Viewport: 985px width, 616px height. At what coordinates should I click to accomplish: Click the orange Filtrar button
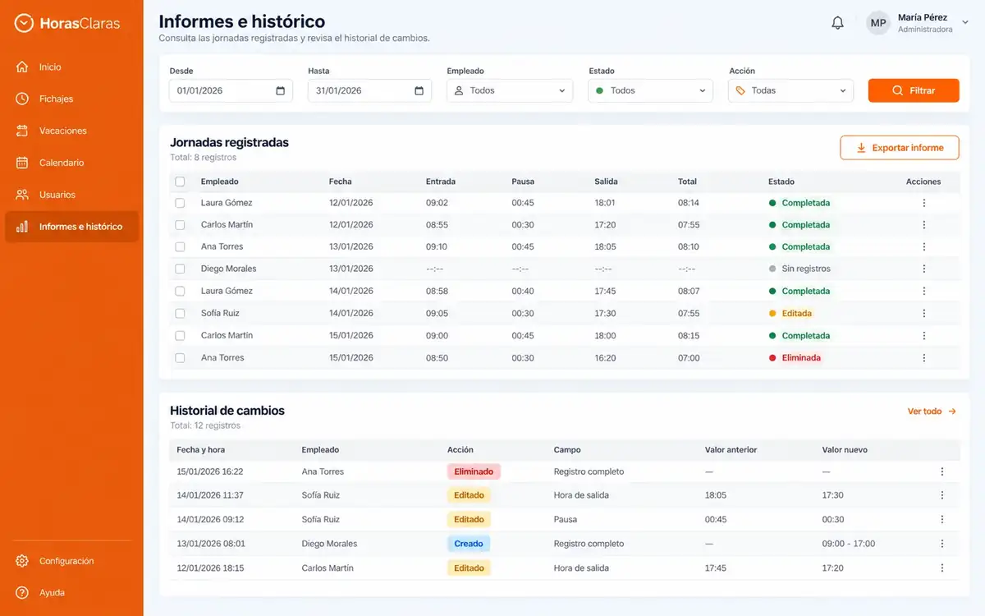(914, 90)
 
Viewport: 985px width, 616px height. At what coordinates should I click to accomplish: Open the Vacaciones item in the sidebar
(63, 131)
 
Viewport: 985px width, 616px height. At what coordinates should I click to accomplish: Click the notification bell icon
(837, 23)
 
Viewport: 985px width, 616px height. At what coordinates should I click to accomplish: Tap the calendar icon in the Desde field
(280, 90)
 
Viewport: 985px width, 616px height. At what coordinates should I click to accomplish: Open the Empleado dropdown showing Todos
(510, 90)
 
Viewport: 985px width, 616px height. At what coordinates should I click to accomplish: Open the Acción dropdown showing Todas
(790, 90)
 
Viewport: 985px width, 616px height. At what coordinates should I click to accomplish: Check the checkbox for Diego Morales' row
(180, 269)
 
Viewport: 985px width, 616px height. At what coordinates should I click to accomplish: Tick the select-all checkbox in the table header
(180, 182)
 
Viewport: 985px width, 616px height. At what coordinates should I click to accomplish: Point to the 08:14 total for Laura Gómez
(688, 203)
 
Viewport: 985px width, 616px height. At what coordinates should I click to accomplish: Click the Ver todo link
(932, 411)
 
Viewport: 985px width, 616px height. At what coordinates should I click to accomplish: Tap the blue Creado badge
(469, 544)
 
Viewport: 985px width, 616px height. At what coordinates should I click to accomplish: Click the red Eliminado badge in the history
(474, 471)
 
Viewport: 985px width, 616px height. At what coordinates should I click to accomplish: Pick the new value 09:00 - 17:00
(848, 544)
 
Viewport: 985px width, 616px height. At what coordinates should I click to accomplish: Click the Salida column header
(606, 182)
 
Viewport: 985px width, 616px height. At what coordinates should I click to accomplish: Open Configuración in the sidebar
(66, 561)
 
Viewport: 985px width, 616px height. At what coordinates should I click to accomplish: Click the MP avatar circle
(877, 23)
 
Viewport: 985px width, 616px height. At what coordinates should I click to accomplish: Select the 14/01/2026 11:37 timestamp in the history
(210, 495)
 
